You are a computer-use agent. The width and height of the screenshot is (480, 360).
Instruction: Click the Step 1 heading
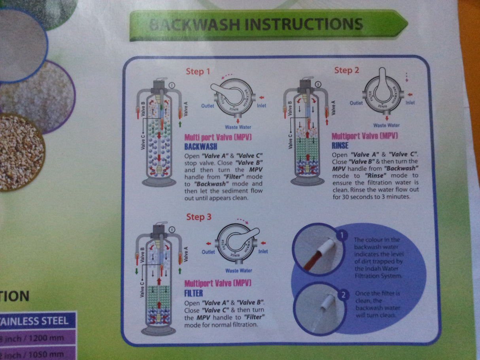point(198,72)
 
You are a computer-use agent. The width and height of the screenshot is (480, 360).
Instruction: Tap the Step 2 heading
point(347,70)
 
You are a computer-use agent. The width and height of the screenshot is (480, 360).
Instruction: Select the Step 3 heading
point(199,217)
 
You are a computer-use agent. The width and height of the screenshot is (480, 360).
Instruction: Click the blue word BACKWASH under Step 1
point(201,146)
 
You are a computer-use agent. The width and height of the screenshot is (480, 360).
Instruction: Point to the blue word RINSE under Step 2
point(340,145)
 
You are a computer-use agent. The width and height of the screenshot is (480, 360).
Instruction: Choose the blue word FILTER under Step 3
point(194,293)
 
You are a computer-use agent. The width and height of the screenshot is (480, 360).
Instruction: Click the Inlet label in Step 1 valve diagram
point(261,106)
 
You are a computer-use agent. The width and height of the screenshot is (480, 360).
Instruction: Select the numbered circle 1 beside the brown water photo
point(341,236)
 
